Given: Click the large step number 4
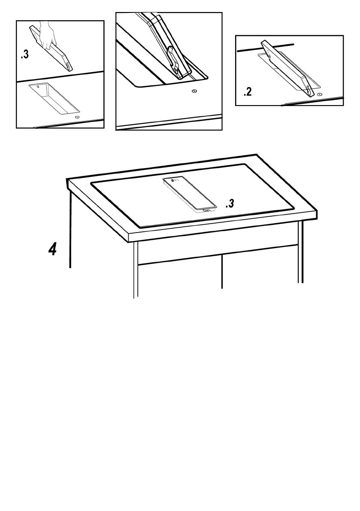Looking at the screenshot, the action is [x=52, y=249].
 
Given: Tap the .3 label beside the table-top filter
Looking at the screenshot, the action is [x=230, y=204].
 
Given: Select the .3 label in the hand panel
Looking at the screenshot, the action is [x=25, y=55].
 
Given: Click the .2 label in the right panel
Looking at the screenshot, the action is [x=248, y=92].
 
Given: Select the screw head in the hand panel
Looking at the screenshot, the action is [x=77, y=117].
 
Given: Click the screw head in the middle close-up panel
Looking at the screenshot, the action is [x=194, y=91].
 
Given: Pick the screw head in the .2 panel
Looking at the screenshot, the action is [x=319, y=94].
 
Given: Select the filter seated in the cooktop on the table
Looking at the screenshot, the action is [x=189, y=194].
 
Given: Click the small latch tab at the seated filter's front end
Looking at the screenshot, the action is [x=206, y=210].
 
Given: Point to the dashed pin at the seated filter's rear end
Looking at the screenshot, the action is [x=174, y=180].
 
